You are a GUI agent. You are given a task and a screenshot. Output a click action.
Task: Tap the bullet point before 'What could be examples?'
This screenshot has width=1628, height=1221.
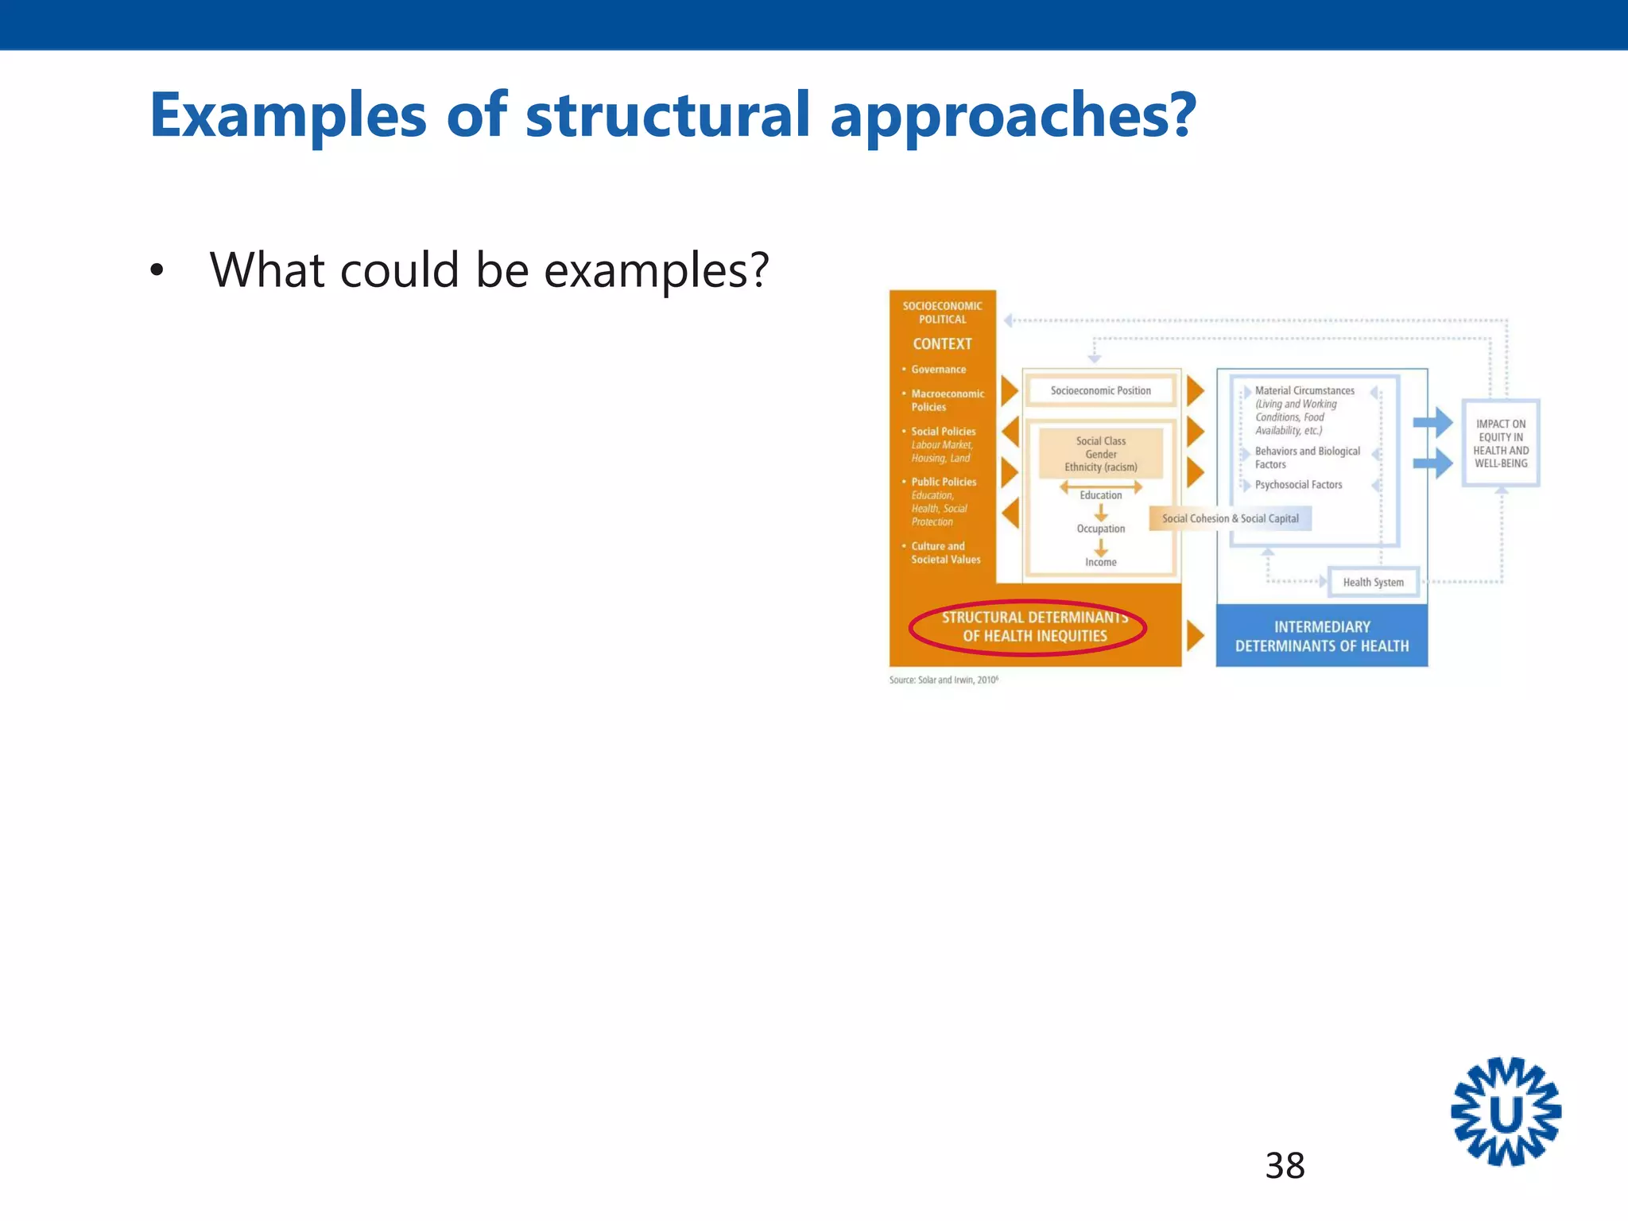coord(157,271)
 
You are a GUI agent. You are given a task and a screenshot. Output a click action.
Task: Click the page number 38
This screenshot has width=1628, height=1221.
coord(1285,1166)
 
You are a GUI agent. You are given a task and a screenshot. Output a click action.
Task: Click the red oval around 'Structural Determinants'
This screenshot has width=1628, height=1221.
coord(1027,627)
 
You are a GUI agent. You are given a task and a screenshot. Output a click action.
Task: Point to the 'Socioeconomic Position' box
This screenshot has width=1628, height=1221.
coord(1100,390)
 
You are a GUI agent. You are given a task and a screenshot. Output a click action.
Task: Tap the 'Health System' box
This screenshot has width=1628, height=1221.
coord(1373,582)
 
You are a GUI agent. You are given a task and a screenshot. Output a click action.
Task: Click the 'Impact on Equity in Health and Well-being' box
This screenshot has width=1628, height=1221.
coord(1501,444)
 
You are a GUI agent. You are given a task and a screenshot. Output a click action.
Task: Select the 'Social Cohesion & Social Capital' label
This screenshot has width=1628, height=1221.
coord(1230,518)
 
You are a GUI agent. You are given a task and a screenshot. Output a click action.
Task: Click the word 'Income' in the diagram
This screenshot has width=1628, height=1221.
coord(1100,562)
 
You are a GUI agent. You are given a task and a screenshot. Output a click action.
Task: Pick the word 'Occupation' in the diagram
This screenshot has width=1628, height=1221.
coord(1100,529)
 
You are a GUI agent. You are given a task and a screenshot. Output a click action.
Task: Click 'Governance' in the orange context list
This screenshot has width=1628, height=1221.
coord(938,370)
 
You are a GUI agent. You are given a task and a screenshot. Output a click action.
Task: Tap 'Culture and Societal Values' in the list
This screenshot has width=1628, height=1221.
coord(945,552)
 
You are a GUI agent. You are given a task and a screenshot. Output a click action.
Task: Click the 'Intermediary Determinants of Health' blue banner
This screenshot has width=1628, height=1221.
coord(1321,636)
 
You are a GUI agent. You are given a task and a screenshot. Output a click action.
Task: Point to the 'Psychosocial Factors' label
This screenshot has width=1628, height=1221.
coord(1298,485)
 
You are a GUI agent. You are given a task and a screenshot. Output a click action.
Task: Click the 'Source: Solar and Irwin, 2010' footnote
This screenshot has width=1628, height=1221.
coord(944,680)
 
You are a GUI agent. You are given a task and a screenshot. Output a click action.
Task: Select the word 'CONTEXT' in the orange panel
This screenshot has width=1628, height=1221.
coord(942,344)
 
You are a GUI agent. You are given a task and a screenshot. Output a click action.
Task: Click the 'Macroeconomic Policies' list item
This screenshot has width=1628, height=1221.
coord(947,400)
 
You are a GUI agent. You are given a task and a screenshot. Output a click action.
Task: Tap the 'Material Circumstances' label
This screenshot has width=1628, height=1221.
coord(1304,390)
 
